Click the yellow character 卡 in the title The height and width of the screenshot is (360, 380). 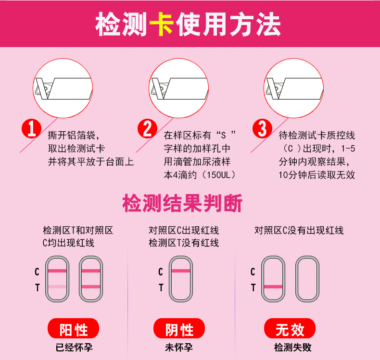(x=162, y=25)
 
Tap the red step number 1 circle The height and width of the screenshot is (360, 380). (x=31, y=128)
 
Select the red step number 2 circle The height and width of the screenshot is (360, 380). (x=147, y=128)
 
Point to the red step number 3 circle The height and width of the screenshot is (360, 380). (x=262, y=128)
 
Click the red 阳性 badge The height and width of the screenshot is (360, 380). (x=74, y=328)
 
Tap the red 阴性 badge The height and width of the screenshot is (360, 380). (x=179, y=328)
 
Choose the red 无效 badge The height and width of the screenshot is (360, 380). (x=290, y=328)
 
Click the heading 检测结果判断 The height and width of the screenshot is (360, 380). (x=182, y=203)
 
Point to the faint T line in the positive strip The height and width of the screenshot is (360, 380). (x=57, y=286)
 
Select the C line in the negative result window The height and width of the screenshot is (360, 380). (x=181, y=271)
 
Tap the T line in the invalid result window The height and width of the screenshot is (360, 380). (x=273, y=286)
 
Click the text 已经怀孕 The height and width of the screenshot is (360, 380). (x=74, y=348)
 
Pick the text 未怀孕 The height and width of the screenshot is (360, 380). (x=179, y=348)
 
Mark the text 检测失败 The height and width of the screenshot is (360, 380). (x=293, y=348)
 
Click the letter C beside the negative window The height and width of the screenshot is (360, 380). (x=161, y=272)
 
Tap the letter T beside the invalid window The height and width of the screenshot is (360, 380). (x=253, y=287)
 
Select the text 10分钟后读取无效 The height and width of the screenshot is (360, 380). (x=317, y=175)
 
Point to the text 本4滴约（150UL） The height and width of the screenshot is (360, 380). (x=200, y=175)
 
